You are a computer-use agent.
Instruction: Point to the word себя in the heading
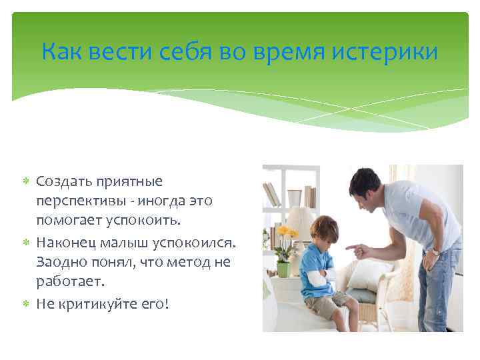175,51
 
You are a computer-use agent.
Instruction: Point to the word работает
70,282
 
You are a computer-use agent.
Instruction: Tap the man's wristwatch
437,251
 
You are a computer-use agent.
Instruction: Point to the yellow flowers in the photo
287,234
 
